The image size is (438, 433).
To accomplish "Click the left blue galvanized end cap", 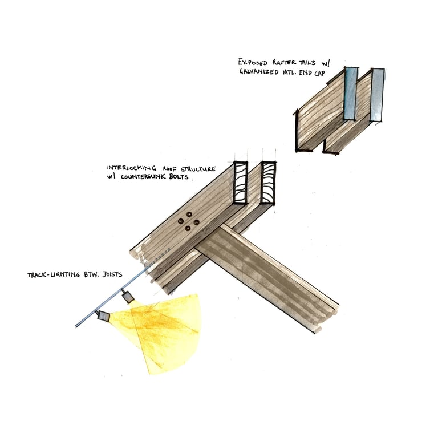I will [350, 94].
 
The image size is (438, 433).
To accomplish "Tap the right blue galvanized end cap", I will [376, 95].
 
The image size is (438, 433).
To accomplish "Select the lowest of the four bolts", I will [188, 228].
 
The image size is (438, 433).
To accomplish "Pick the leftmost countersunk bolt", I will [180, 221].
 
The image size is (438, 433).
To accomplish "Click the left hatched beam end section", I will [241, 183].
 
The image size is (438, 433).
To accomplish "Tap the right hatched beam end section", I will [267, 183].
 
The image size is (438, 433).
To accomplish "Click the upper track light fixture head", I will [129, 296].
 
